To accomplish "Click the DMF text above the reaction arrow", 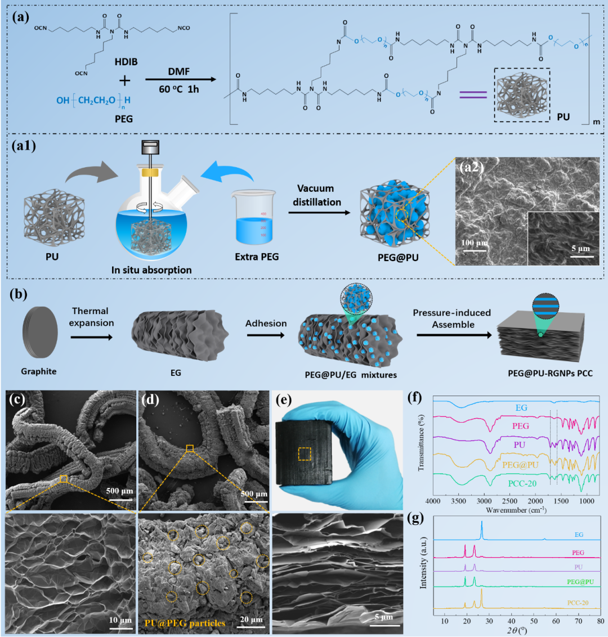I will pyautogui.click(x=178, y=71).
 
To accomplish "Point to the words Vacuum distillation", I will pyautogui.click(x=316, y=195).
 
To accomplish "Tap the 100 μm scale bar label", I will pyautogui.click(x=474, y=243).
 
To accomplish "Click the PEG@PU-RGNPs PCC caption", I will pyautogui.click(x=546, y=373).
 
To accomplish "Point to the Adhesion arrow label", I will pyautogui.click(x=266, y=323).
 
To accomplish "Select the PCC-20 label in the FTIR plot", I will pyautogui.click(x=522, y=483).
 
